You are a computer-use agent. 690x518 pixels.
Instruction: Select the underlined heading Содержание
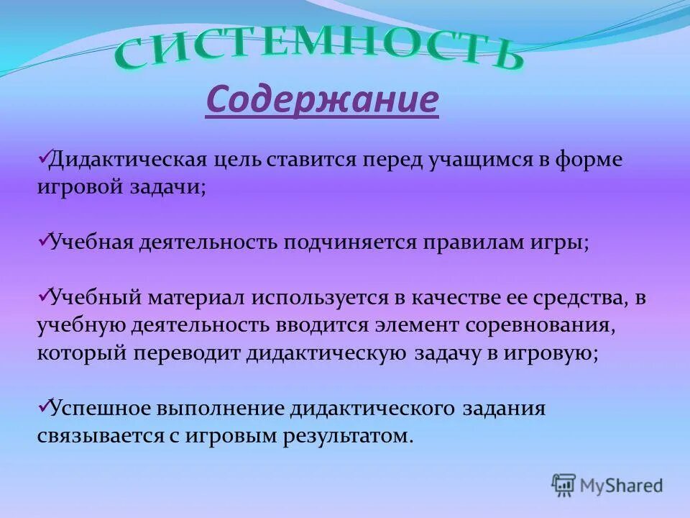click(322, 100)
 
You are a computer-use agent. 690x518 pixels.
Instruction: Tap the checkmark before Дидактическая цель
click(42, 155)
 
